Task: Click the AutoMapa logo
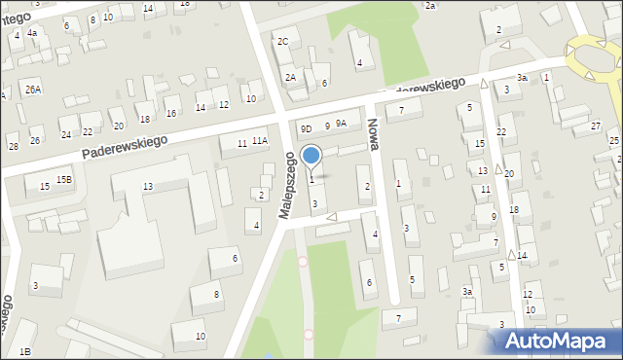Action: point(556,342)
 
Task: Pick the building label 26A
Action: point(34,90)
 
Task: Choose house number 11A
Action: point(260,141)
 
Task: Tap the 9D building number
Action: point(306,128)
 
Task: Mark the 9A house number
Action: point(341,124)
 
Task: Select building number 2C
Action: point(283,42)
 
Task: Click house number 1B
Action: point(25,351)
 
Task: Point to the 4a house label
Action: point(32,33)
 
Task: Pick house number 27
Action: point(595,126)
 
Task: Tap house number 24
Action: point(65,134)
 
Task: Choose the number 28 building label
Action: point(13,147)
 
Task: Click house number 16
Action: point(171,114)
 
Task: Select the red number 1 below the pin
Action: point(311,179)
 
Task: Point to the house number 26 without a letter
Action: point(35,140)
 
